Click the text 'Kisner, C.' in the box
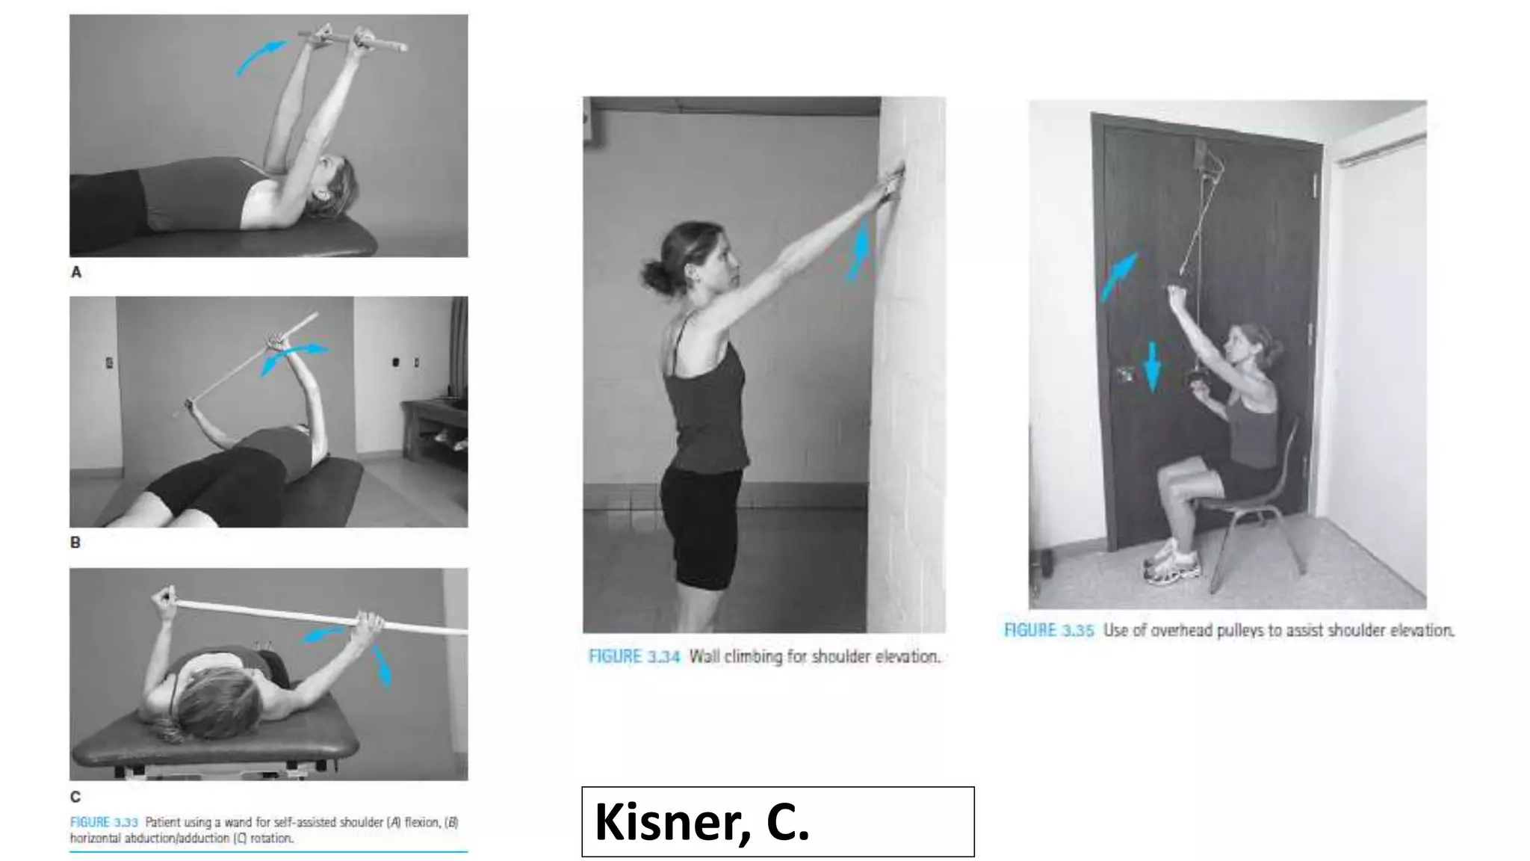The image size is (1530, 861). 701,821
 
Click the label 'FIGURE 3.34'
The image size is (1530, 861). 634,657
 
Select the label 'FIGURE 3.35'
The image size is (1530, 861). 1048,631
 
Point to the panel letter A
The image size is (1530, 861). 76,273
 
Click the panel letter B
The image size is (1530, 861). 75,543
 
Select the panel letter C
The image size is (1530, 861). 75,797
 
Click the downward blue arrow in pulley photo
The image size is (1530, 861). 1153,366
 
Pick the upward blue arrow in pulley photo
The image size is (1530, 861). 1118,276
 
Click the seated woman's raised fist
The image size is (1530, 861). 1177,292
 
